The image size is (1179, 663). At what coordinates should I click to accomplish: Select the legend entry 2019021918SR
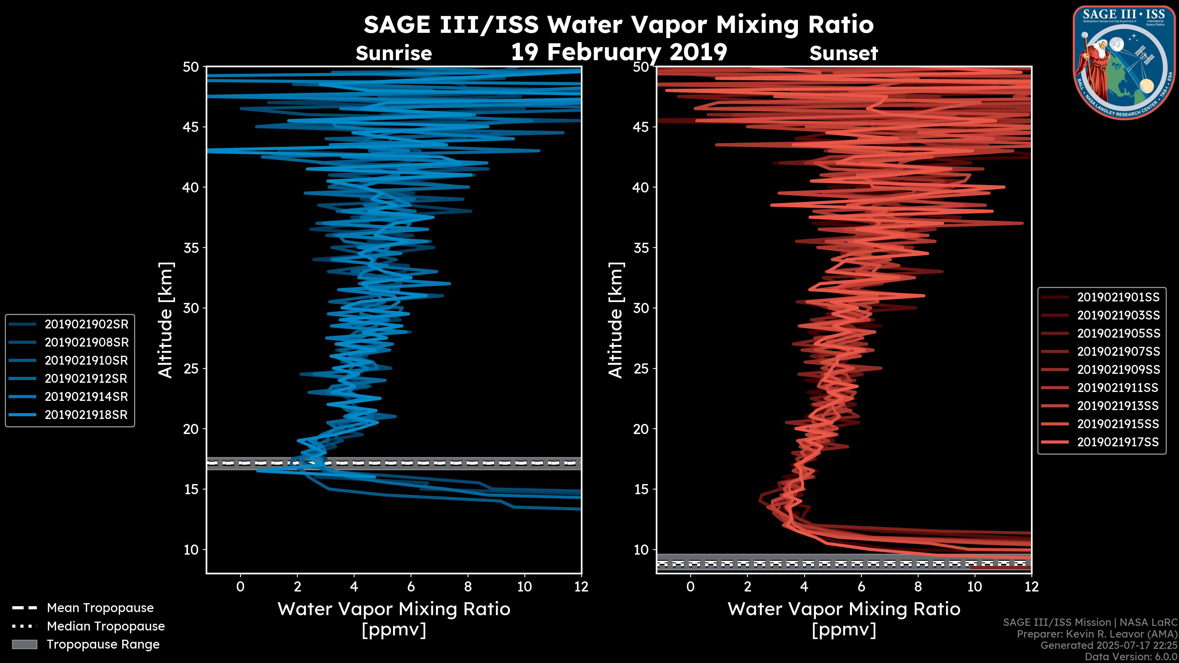(x=86, y=415)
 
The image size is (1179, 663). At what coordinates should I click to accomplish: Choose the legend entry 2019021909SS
(x=1118, y=370)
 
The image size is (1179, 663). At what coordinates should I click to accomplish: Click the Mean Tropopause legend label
(x=100, y=608)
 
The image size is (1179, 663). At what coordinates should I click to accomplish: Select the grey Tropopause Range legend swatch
(x=25, y=644)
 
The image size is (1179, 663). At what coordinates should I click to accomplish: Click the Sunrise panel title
(x=394, y=53)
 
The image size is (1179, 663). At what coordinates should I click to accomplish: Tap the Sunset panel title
(x=843, y=53)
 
